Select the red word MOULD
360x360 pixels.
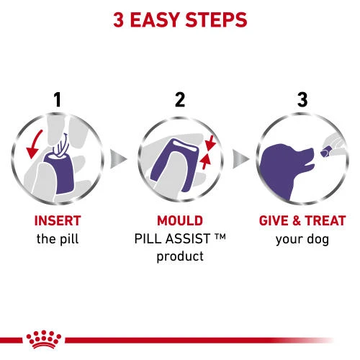180,220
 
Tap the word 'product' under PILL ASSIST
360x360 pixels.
180,256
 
